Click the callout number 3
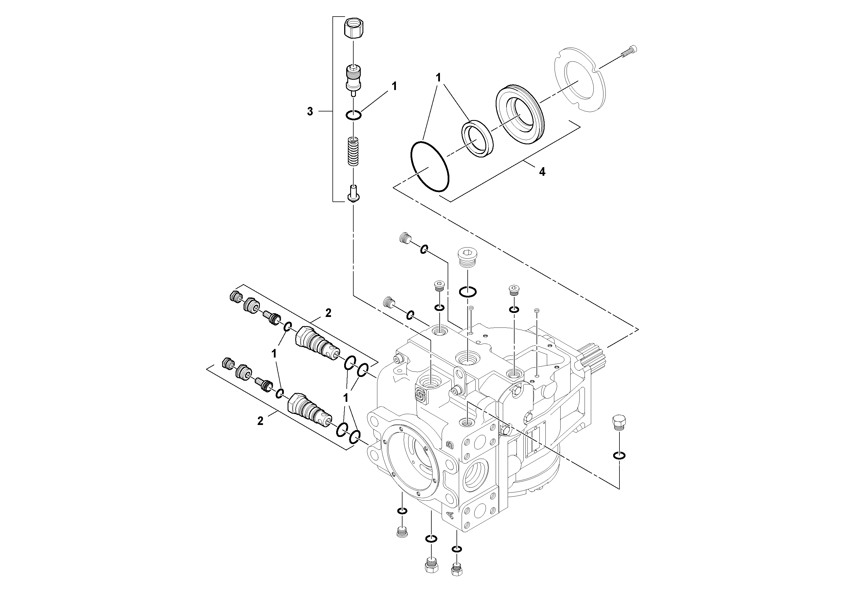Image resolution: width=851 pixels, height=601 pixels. [x=310, y=111]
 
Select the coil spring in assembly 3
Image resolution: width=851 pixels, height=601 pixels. [x=354, y=151]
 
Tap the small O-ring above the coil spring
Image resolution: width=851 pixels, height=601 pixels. [x=354, y=115]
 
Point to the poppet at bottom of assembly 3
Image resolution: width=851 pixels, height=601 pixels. [x=353, y=194]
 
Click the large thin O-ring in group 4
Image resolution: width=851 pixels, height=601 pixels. [x=430, y=166]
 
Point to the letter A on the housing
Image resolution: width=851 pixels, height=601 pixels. [x=450, y=515]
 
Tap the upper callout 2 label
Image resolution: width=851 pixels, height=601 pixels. [x=328, y=313]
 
